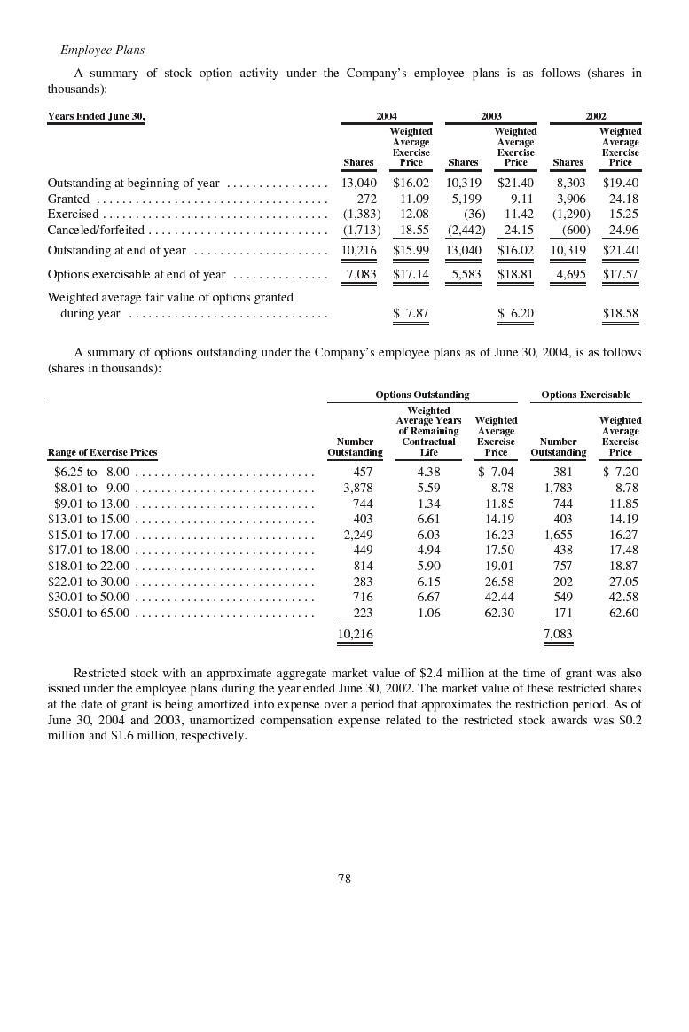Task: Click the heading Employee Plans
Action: pyautogui.click(x=102, y=50)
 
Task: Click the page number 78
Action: pyautogui.click(x=344, y=879)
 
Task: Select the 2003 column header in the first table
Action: pyautogui.click(x=490, y=116)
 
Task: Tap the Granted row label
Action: pyautogui.click(x=68, y=199)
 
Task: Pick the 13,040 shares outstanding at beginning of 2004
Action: pyautogui.click(x=358, y=183)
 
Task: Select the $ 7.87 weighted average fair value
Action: pyautogui.click(x=411, y=313)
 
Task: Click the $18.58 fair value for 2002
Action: pyautogui.click(x=620, y=313)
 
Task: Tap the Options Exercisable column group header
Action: pyautogui.click(x=585, y=395)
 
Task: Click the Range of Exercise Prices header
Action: pyautogui.click(x=102, y=452)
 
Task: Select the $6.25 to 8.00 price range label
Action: pyautogui.click(x=91, y=472)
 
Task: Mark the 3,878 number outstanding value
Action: pyautogui.click(x=357, y=488)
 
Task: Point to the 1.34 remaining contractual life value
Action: pyautogui.click(x=428, y=504)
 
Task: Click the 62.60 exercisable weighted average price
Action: pyautogui.click(x=623, y=613)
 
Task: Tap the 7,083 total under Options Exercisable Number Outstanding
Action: pyautogui.click(x=557, y=635)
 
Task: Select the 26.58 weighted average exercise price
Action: pyautogui.click(x=498, y=582)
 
